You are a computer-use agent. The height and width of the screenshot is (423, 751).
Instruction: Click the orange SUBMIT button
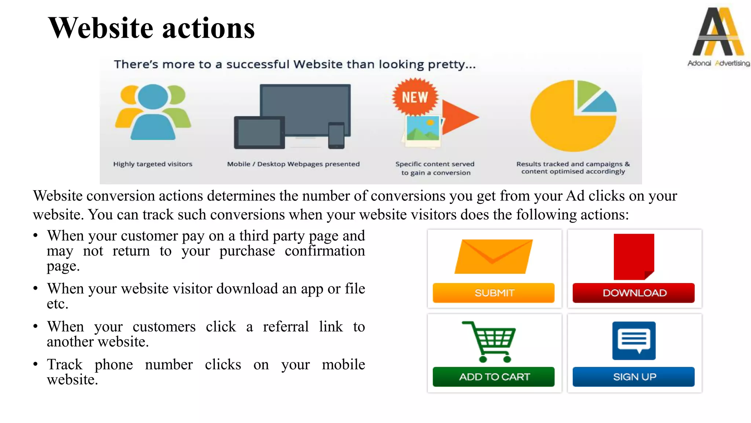pyautogui.click(x=494, y=293)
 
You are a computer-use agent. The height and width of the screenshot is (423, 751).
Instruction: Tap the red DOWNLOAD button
pyautogui.click(x=634, y=293)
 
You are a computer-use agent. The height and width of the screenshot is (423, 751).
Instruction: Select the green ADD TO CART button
pyautogui.click(x=494, y=377)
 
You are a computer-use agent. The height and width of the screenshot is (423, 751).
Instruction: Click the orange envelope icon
pyautogui.click(x=494, y=257)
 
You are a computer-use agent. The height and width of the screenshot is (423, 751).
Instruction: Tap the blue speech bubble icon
pyautogui.click(x=634, y=340)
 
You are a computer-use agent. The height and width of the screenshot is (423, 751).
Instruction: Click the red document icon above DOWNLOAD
pyautogui.click(x=633, y=256)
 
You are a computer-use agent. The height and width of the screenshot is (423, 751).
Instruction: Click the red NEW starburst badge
pyautogui.click(x=415, y=97)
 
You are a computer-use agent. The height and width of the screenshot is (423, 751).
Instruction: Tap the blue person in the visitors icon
pyautogui.click(x=153, y=114)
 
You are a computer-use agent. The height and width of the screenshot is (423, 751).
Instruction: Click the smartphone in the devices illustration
pyautogui.click(x=336, y=135)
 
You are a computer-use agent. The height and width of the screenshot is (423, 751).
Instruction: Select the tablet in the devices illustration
pyautogui.click(x=259, y=133)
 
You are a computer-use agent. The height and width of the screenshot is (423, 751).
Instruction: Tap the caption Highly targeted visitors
pyautogui.click(x=153, y=164)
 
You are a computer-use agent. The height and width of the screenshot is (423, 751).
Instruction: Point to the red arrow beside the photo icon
pyautogui.click(x=459, y=117)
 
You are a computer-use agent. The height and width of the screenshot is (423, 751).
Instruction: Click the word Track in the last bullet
pyautogui.click(x=65, y=365)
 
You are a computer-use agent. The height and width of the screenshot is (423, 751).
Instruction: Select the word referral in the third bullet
pyautogui.click(x=286, y=327)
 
